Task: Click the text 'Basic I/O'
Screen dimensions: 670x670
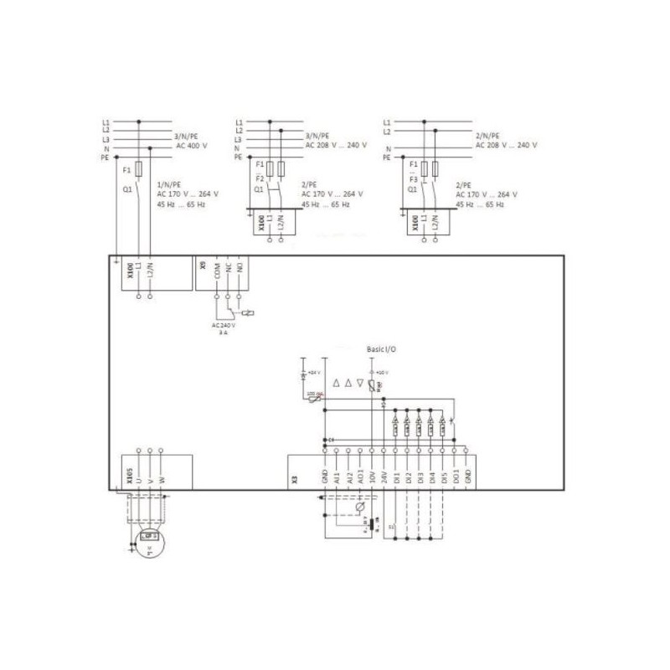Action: [x=383, y=348]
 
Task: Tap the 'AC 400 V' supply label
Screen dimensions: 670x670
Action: [x=192, y=145]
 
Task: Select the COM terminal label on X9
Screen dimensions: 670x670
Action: [x=216, y=271]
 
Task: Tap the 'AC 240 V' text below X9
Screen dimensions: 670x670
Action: [x=222, y=325]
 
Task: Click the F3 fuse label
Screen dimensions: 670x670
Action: [x=414, y=180]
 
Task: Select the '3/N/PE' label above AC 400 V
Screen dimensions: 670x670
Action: [x=187, y=135]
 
